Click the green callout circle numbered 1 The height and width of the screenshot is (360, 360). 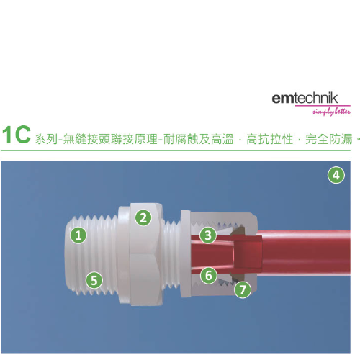[78, 235]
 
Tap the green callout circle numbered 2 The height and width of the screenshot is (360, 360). [143, 218]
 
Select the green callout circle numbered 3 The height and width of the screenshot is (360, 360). [208, 235]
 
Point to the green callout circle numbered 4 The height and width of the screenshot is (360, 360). [336, 175]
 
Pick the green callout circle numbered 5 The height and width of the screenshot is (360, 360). [94, 280]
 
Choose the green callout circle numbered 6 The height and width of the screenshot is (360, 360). [208, 275]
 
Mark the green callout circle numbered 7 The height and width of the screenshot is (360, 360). [243, 289]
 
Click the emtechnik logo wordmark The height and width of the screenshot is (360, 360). [305, 98]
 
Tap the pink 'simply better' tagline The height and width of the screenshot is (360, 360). [331, 112]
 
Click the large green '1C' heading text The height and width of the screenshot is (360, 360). [17, 135]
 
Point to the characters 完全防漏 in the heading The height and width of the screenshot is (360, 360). [329, 139]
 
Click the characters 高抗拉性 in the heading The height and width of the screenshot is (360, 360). [270, 139]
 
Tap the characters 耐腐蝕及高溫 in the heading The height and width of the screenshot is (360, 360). [199, 139]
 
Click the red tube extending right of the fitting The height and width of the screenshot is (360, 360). [304, 253]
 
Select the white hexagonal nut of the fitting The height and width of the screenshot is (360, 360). [146, 254]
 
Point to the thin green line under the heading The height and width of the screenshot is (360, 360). [176, 150]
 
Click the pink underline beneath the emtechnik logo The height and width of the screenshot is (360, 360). [323, 105]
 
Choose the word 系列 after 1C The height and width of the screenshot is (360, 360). [46, 139]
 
